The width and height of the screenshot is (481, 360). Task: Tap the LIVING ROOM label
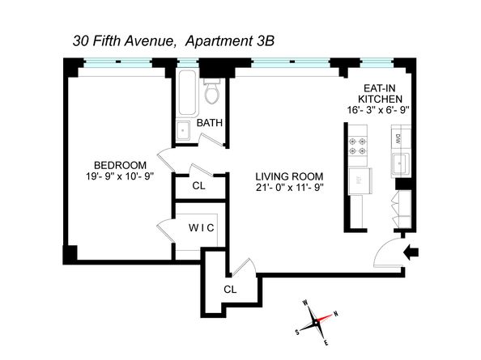coord(290,176)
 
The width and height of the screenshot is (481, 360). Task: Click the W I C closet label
coord(201,228)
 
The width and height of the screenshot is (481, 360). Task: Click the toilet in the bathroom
coord(212,93)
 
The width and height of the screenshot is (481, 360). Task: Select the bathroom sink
coord(183,131)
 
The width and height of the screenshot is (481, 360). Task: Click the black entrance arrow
coord(411,253)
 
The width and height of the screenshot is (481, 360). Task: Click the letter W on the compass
coord(304,303)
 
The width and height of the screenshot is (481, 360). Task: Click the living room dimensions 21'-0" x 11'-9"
coord(290,188)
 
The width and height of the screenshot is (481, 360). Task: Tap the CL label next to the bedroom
coord(198,185)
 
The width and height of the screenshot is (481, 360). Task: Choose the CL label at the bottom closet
coord(230,289)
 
